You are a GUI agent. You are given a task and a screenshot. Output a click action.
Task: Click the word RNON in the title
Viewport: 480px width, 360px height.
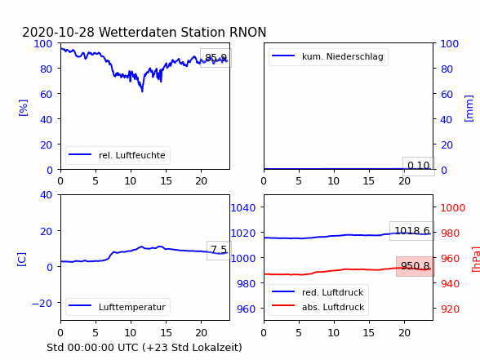coord(247,32)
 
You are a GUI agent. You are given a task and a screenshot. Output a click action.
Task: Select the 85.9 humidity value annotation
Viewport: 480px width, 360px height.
coord(216,57)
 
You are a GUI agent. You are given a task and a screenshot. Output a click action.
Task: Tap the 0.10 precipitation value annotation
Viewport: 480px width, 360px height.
coord(419,166)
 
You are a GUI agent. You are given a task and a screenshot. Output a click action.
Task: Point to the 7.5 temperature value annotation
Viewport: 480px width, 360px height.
coord(219,250)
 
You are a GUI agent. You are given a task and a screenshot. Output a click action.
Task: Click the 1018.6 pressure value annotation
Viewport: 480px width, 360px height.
coord(412,230)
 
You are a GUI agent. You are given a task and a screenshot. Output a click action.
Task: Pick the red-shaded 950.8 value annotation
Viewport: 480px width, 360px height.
coord(416,266)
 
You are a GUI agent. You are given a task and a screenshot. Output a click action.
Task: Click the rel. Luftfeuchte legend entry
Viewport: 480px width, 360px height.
coord(118,155)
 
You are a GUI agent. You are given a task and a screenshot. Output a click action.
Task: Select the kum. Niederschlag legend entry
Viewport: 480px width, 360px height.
coord(328,56)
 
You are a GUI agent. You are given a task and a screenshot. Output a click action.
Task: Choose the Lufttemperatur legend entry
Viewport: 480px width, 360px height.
coord(118,307)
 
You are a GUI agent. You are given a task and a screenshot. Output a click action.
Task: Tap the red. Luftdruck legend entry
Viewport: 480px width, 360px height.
coord(318,292)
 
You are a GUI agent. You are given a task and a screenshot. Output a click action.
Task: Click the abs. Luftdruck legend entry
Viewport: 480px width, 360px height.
coord(318,307)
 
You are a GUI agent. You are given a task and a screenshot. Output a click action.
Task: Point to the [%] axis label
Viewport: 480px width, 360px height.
coord(23,108)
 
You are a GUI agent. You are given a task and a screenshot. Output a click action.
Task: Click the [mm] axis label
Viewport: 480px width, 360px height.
coord(469,109)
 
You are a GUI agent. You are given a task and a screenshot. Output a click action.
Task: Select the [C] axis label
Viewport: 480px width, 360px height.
coord(22,260)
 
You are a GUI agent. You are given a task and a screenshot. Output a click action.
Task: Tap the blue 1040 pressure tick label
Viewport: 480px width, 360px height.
coord(243,208)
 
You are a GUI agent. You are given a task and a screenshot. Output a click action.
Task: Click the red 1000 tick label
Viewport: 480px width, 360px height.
coord(453,208)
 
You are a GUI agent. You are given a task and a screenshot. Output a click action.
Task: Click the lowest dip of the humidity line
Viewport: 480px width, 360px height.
coord(142,91)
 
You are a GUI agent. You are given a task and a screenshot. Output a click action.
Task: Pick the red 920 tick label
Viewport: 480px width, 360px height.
coord(450,309)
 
